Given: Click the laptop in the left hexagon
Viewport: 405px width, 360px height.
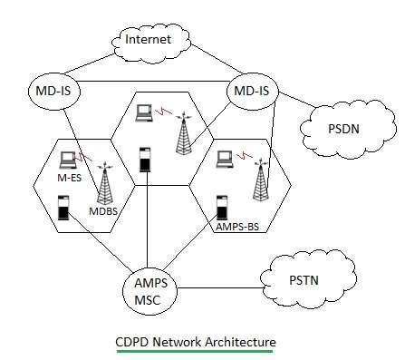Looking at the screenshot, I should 64,160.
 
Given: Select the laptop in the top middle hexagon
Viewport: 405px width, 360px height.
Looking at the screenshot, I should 143,113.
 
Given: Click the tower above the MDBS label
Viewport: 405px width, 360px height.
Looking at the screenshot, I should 104,186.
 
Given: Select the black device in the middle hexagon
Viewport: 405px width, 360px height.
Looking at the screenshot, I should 143,159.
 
